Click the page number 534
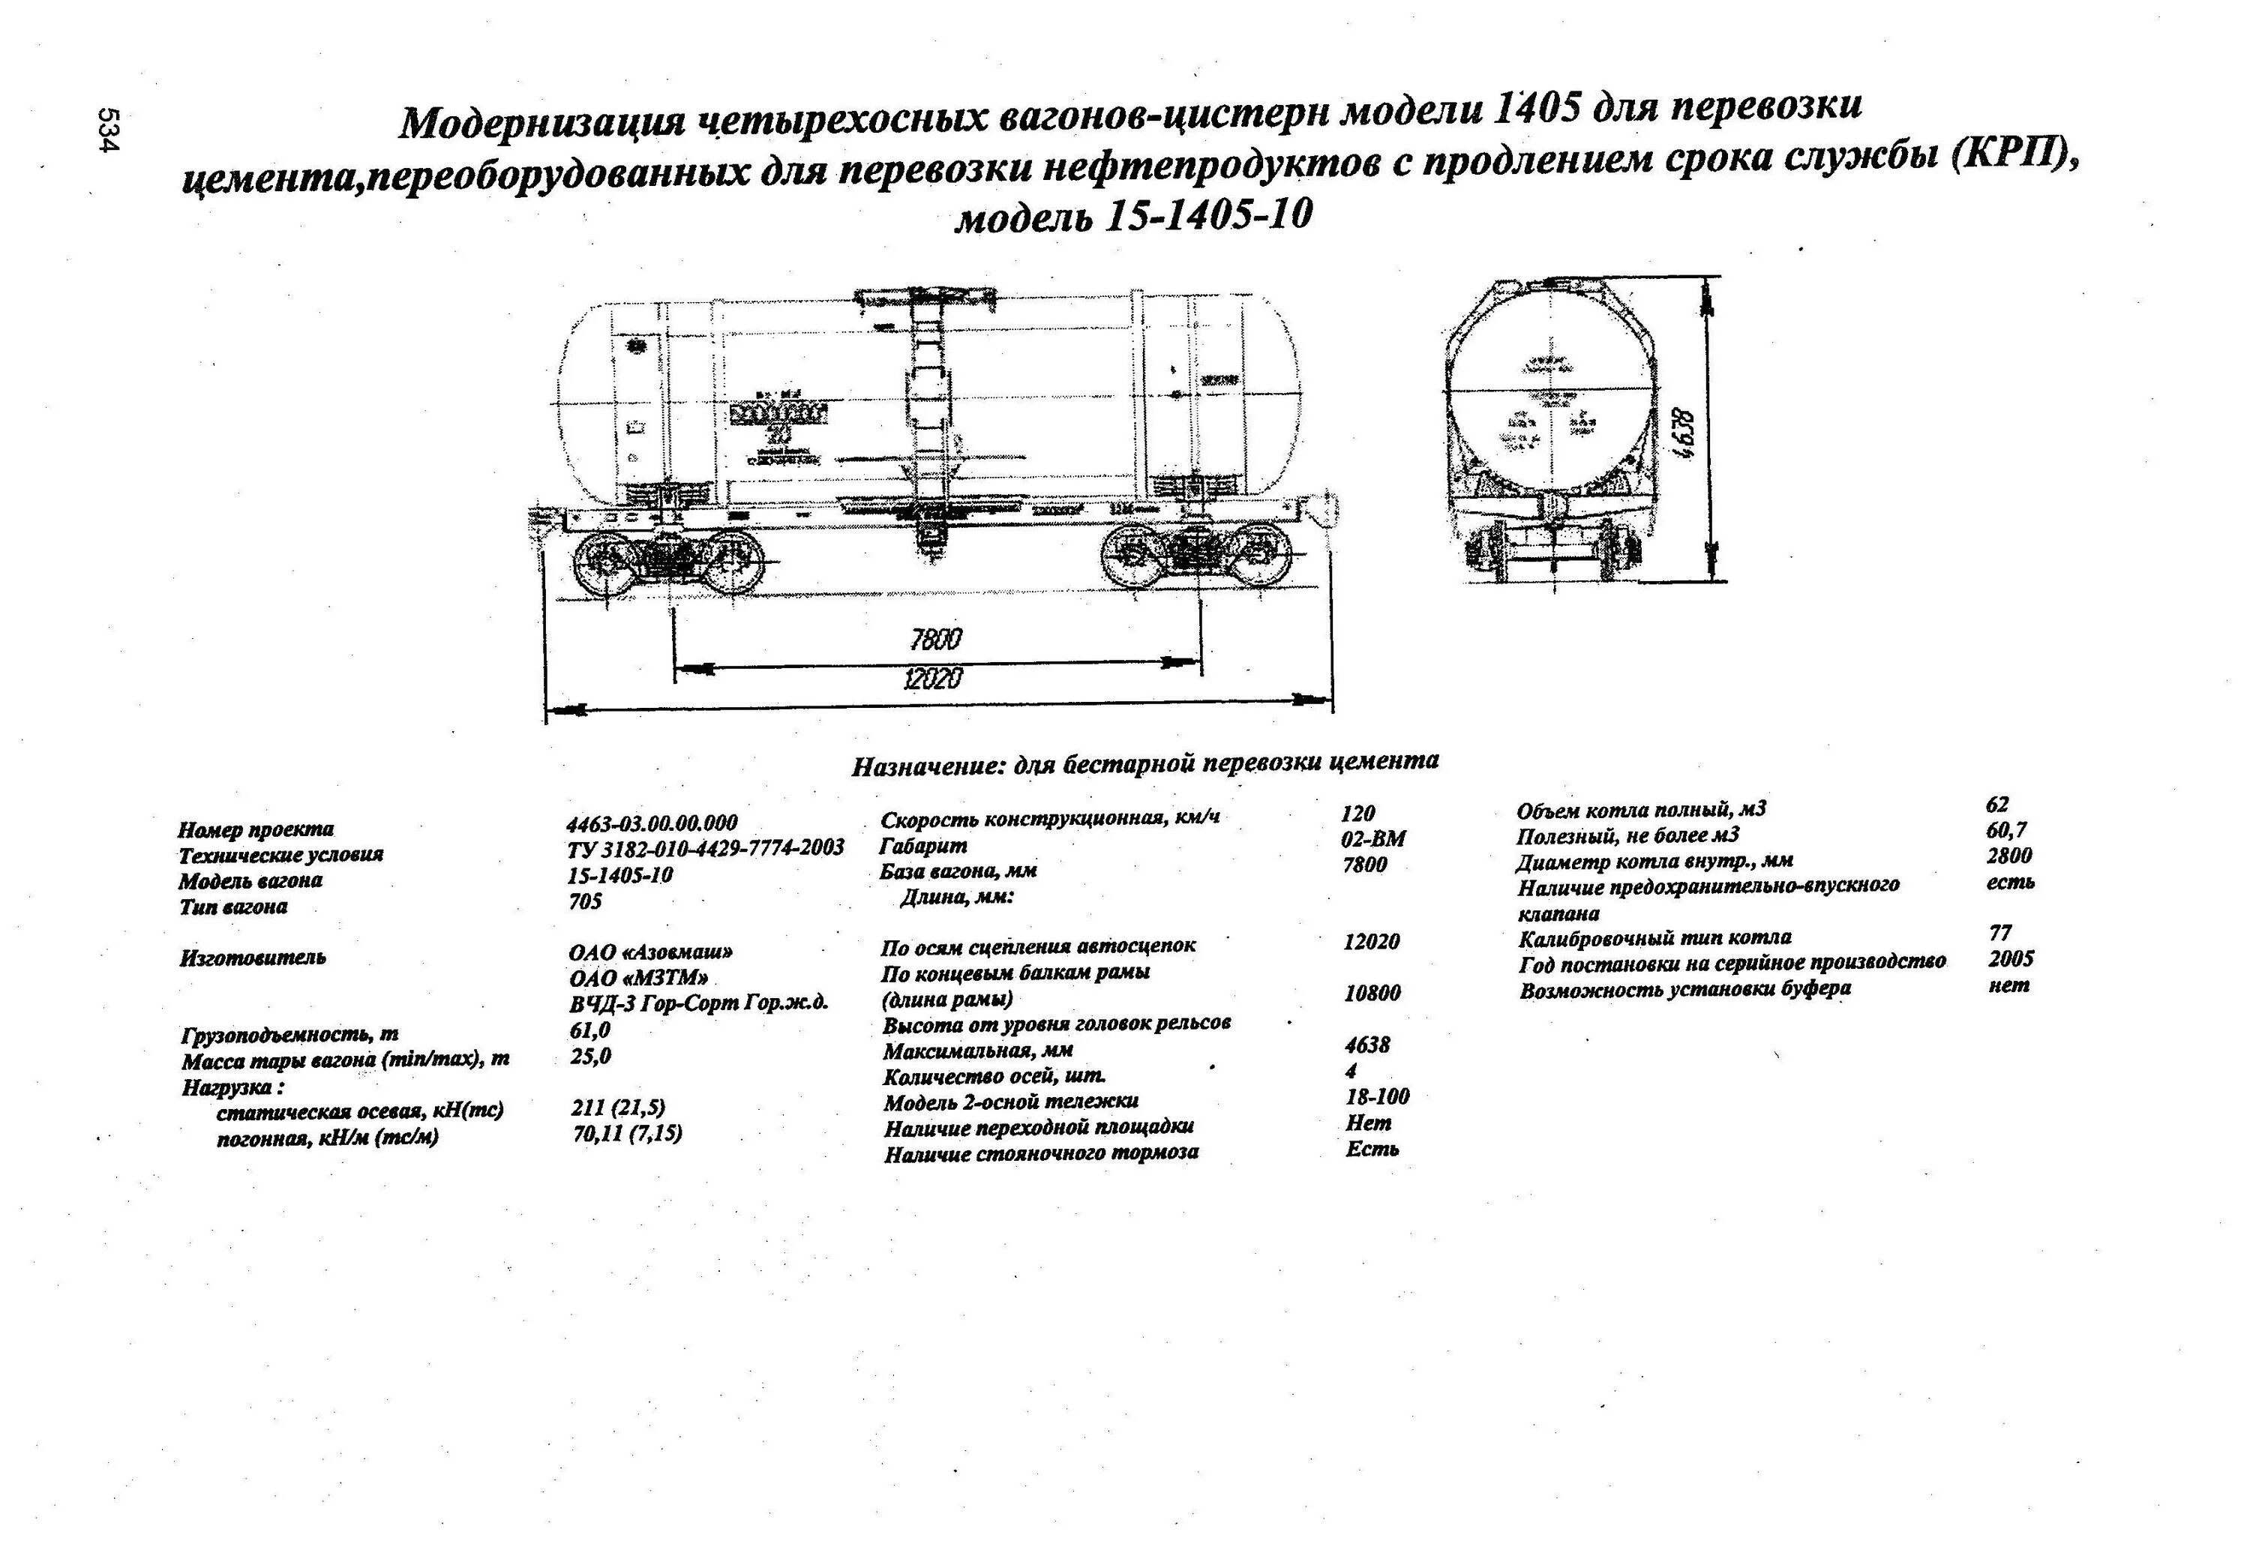[x=106, y=130]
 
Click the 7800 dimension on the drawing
[x=935, y=639]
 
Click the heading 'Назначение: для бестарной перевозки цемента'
[x=1144, y=764]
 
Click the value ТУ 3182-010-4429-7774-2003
[x=706, y=848]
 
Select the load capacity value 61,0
[x=589, y=1030]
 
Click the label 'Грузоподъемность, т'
[x=289, y=1034]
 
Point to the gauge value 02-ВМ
[x=1372, y=838]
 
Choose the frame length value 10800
[x=1372, y=993]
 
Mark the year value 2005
[x=2011, y=958]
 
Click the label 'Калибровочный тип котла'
[x=1654, y=938]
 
